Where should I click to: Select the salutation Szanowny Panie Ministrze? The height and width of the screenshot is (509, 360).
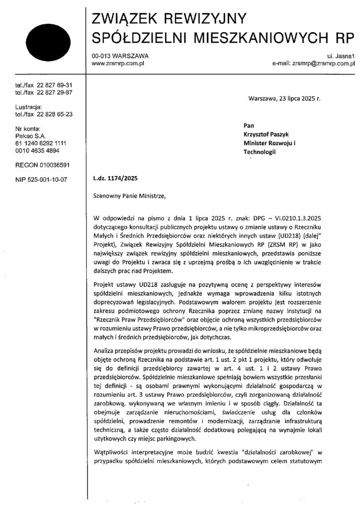tap(128, 195)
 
